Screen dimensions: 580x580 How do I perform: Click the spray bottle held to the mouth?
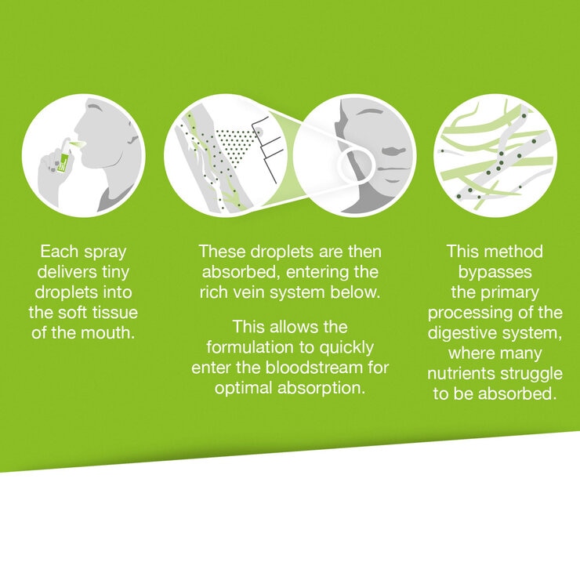[63, 155]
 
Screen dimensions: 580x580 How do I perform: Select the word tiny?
[115, 272]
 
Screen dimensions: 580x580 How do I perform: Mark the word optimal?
[244, 389]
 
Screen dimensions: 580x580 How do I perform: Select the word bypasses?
[495, 273]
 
